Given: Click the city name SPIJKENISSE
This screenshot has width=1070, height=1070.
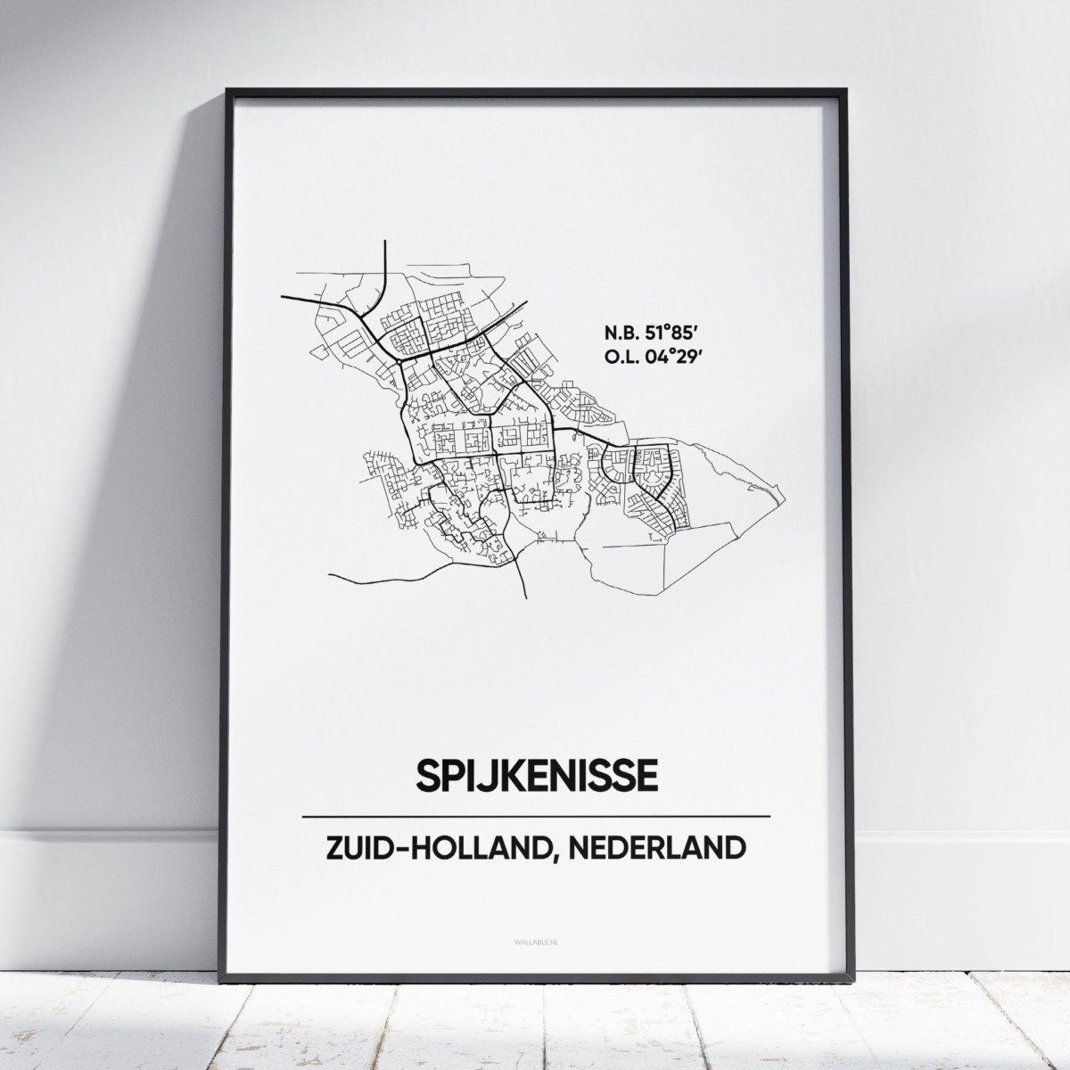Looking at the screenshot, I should (x=536, y=775).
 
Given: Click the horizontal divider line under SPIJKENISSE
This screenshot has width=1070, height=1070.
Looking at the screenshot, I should (x=536, y=816).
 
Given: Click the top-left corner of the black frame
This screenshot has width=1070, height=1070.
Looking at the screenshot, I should (x=227, y=90).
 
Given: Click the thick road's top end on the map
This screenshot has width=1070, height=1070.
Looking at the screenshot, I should (x=383, y=242).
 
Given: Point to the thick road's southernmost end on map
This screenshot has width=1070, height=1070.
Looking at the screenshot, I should (x=524, y=597).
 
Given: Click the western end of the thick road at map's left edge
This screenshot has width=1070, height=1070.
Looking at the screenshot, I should (x=282, y=297).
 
